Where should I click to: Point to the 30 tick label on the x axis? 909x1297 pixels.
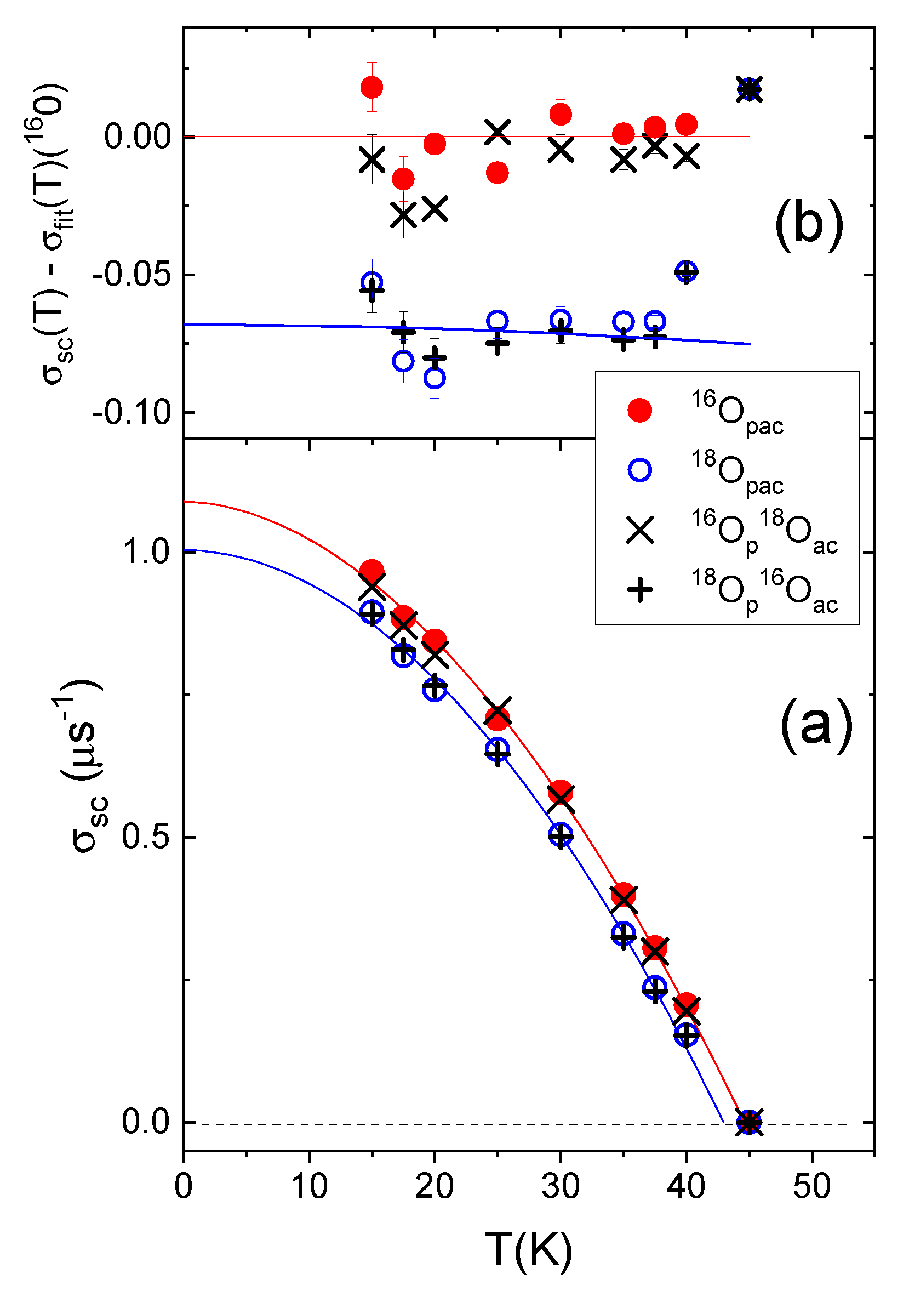[x=560, y=1186]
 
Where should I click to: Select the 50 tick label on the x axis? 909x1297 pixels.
[x=811, y=1186]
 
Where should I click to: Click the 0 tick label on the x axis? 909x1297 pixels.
[x=184, y=1186]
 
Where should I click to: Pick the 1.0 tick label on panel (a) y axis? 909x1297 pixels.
[x=146, y=551]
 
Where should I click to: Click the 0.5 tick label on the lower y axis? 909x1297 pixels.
[x=146, y=836]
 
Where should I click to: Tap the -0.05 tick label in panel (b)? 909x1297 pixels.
[x=131, y=275]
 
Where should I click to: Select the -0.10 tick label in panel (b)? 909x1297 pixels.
[x=131, y=413]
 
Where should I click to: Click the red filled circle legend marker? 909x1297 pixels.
[x=639, y=410]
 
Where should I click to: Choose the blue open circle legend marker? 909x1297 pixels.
[x=639, y=470]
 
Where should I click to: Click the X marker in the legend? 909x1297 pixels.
[x=639, y=531]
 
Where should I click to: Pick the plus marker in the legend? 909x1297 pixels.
[x=639, y=590]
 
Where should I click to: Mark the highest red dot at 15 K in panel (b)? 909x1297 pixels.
[x=371, y=87]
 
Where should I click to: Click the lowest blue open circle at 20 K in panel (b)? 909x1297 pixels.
[x=434, y=378]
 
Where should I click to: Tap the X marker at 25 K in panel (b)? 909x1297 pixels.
[x=498, y=132]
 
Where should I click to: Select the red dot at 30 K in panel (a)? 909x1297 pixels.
[x=560, y=792]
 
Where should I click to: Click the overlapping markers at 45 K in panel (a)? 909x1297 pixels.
[x=749, y=1122]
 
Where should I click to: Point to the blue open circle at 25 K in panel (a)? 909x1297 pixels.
[x=498, y=749]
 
